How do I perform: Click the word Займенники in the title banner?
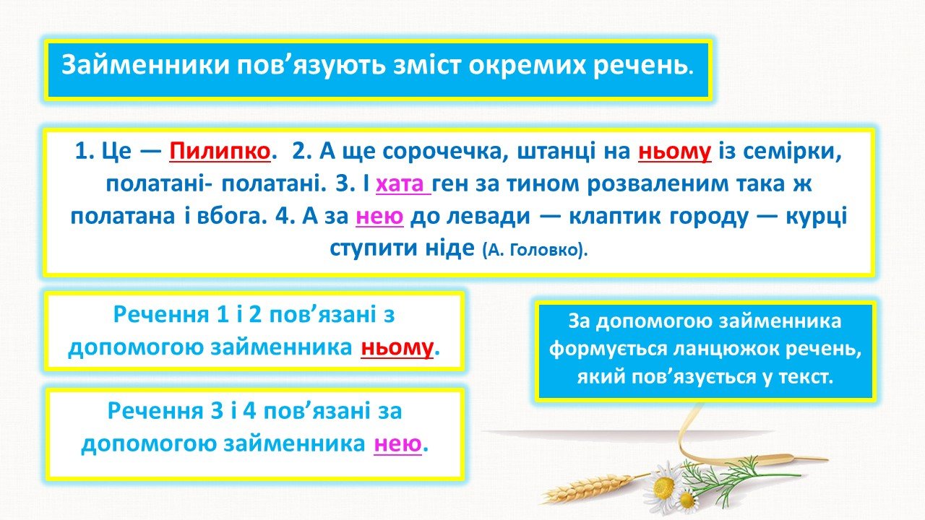145,66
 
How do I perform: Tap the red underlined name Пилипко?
220,152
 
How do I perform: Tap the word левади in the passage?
489,216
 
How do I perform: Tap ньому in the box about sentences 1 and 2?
397,348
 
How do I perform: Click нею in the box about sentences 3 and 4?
397,444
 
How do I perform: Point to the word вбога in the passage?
232,216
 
